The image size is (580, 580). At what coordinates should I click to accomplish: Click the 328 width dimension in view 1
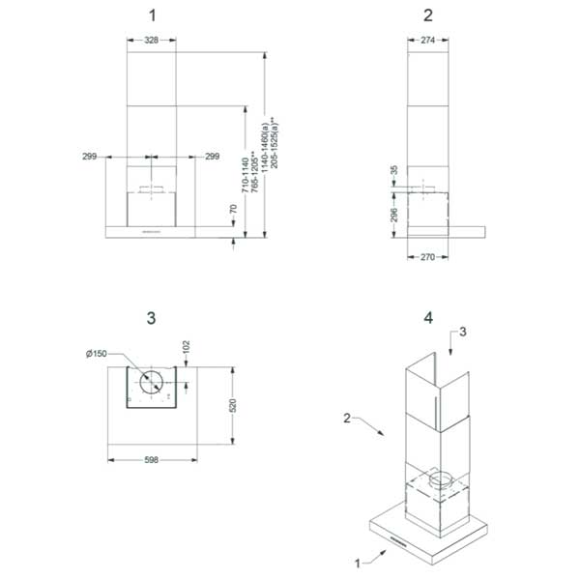(151, 41)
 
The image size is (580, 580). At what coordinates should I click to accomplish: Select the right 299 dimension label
(212, 155)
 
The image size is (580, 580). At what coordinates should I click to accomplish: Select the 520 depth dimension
(233, 405)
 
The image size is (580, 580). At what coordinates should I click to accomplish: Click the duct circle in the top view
(151, 382)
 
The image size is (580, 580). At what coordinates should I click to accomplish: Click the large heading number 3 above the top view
(151, 317)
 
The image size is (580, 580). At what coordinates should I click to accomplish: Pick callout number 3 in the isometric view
(463, 331)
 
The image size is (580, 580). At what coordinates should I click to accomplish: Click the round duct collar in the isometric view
(441, 478)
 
